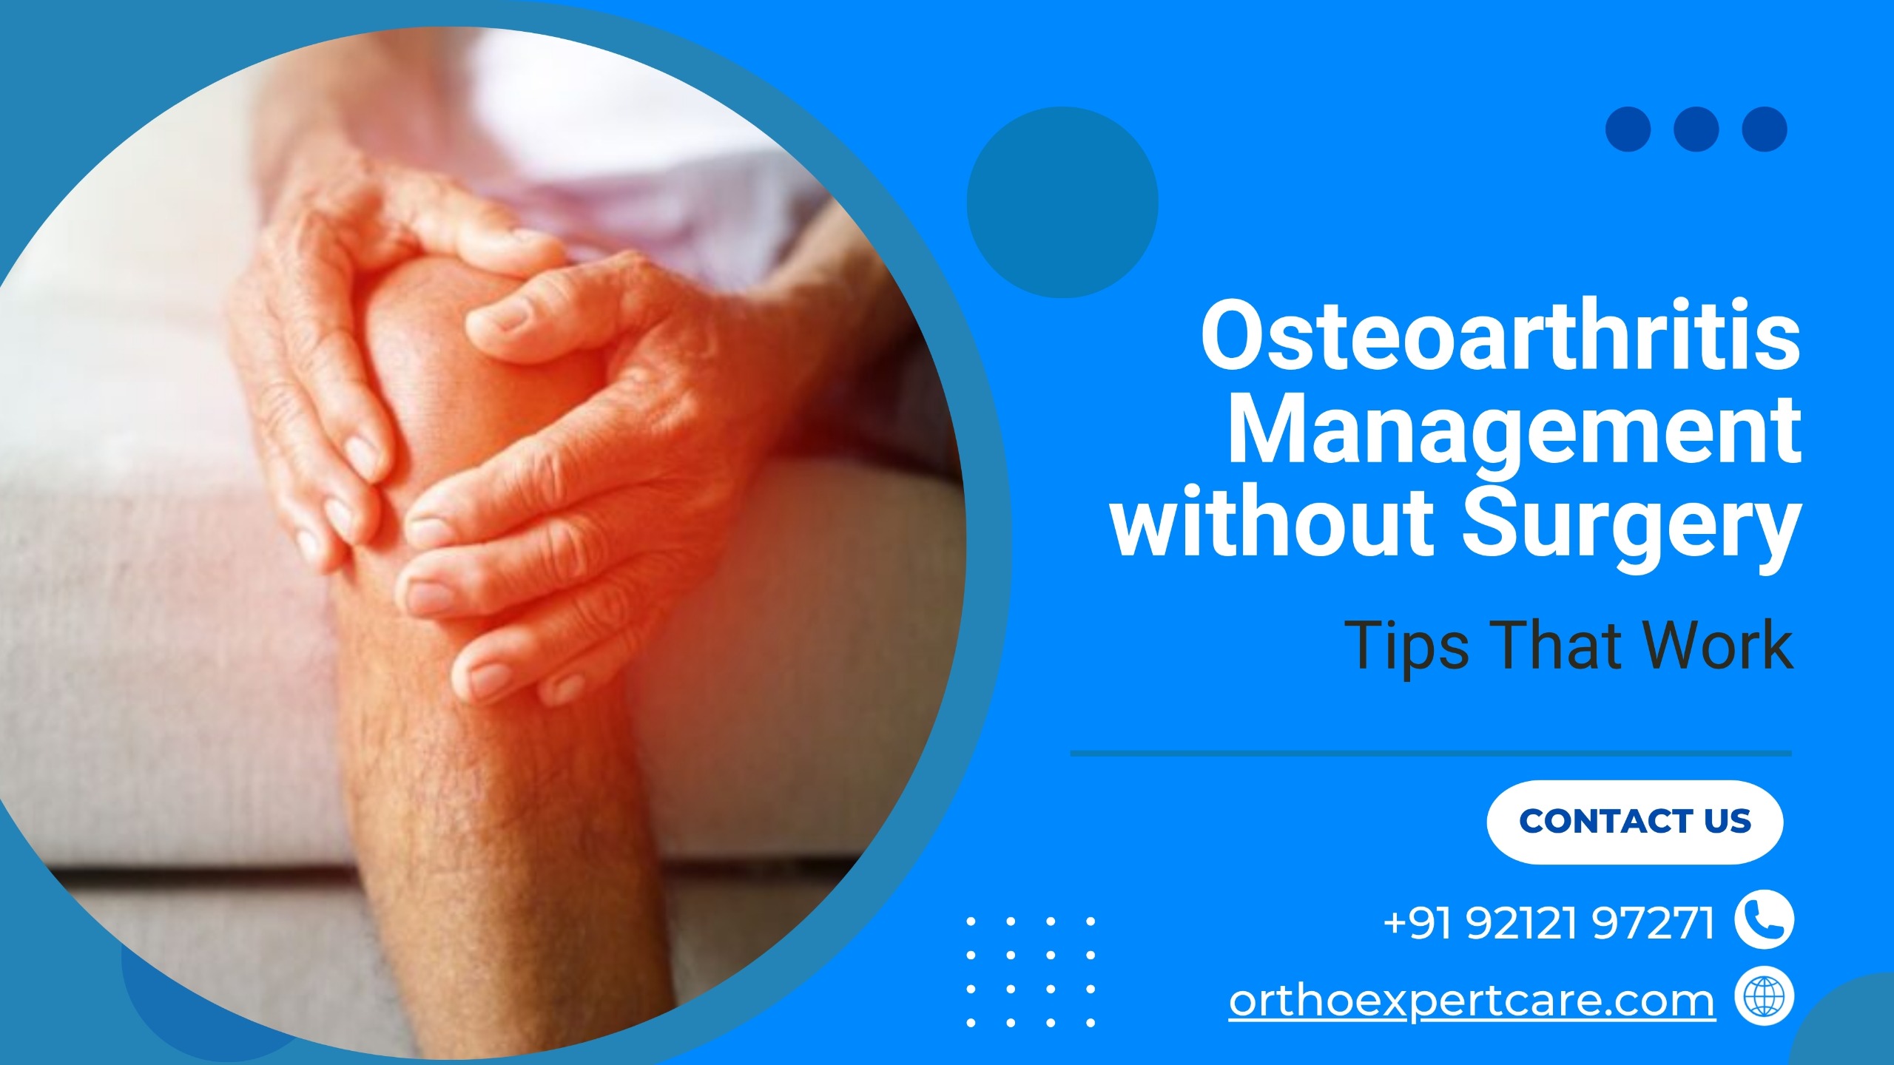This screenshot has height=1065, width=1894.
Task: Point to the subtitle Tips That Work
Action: [1569, 645]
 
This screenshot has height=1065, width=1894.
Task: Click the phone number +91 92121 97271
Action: [1548, 922]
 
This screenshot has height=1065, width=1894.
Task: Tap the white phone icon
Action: [1764, 920]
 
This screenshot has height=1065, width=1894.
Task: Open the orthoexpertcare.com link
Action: [1472, 999]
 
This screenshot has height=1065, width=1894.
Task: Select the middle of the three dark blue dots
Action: [1696, 129]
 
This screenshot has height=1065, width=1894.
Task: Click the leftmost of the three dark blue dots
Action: [1628, 129]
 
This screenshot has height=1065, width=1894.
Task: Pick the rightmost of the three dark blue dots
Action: [1765, 129]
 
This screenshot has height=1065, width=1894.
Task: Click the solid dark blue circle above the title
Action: [1062, 202]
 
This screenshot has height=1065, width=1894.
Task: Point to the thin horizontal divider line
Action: [1431, 754]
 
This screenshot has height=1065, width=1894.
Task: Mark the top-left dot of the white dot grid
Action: [971, 922]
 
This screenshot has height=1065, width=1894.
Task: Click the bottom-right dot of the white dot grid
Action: [1090, 1023]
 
